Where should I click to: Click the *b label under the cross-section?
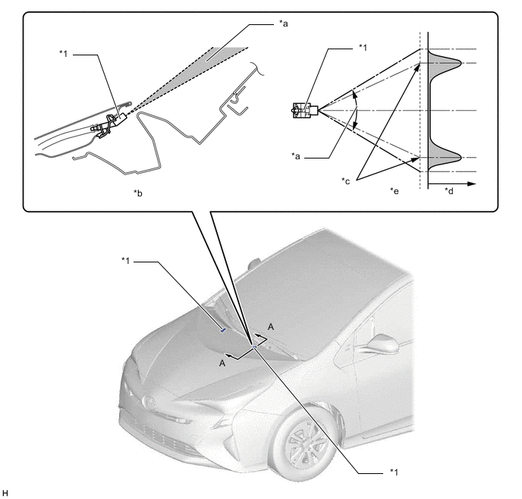[x=138, y=193]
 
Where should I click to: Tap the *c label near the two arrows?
[x=345, y=181]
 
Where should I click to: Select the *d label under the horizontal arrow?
[x=448, y=191]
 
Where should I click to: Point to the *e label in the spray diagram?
[x=395, y=191]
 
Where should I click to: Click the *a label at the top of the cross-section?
[x=284, y=24]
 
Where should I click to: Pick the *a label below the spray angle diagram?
[x=296, y=156]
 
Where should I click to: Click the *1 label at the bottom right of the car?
[x=394, y=472]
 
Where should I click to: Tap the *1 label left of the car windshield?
[x=126, y=260]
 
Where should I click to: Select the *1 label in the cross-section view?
[x=64, y=53]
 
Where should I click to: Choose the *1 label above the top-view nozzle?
[x=363, y=48]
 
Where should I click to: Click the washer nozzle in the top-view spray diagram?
[x=305, y=111]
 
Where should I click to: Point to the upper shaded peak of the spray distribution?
[x=445, y=62]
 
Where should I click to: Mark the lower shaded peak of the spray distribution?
[x=445, y=157]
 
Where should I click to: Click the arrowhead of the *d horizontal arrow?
[x=472, y=184]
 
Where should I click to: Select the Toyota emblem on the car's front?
[x=149, y=403]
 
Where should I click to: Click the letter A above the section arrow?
[x=271, y=327]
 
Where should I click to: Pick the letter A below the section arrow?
[x=222, y=363]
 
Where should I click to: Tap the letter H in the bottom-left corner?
[x=5, y=493]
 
